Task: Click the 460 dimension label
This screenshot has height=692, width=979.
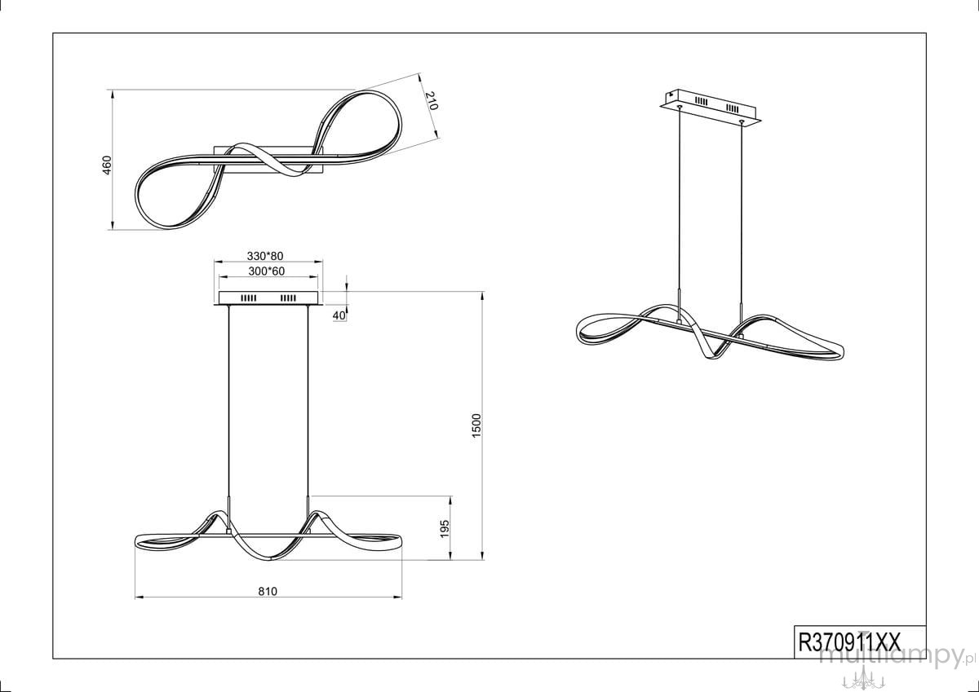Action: (107, 165)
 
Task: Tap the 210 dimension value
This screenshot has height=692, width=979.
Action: (432, 101)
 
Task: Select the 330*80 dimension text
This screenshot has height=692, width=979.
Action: (265, 256)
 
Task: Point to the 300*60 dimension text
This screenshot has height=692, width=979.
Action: (267, 271)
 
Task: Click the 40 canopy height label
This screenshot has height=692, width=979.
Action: (339, 315)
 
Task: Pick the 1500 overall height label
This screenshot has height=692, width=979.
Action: (476, 425)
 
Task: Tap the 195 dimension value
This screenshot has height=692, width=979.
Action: (445, 529)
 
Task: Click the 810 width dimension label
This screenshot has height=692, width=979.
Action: (268, 591)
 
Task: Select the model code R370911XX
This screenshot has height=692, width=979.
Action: (849, 642)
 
